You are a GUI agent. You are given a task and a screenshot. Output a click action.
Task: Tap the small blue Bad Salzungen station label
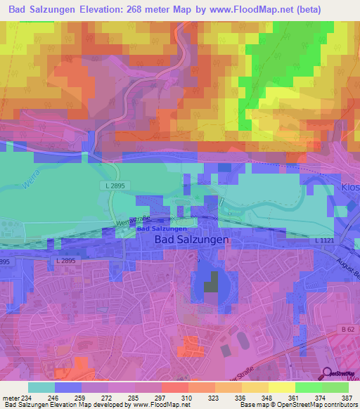[162, 228]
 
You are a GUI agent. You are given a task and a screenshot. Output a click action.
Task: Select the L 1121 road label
[326, 241]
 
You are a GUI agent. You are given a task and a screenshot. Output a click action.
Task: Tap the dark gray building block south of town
[211, 283]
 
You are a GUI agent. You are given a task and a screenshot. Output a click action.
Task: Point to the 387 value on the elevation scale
[345, 397]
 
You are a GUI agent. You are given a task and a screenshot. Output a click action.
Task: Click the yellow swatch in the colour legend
[281, 387]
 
